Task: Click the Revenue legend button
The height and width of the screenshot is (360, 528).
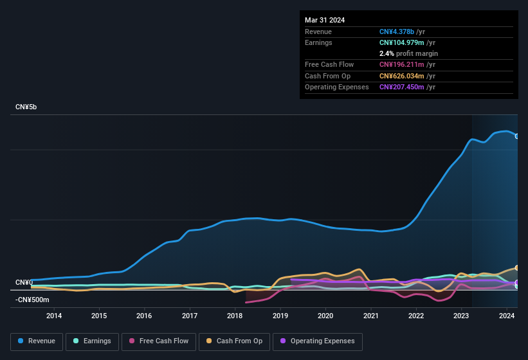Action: click(x=37, y=341)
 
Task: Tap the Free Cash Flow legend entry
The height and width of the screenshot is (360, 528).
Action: click(x=158, y=341)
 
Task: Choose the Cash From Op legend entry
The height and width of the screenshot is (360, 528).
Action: click(x=234, y=341)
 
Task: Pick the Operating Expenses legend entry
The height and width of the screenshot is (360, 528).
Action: click(x=317, y=341)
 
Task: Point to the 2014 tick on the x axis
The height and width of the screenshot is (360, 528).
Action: click(x=54, y=316)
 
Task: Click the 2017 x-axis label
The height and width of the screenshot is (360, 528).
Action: click(x=190, y=316)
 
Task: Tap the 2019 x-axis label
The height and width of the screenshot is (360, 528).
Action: click(x=280, y=316)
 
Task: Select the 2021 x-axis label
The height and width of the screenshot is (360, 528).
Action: click(x=370, y=316)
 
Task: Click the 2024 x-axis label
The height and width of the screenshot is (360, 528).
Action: click(x=506, y=316)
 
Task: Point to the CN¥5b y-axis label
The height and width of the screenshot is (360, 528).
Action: click(x=26, y=107)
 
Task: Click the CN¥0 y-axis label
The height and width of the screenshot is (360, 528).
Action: click(x=24, y=283)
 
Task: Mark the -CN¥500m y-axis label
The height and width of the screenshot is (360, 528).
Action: click(x=32, y=300)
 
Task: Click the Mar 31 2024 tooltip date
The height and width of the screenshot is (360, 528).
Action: click(x=325, y=20)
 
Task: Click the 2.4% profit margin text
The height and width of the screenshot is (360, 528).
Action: click(x=408, y=53)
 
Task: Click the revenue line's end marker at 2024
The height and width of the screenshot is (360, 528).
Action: click(x=516, y=136)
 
